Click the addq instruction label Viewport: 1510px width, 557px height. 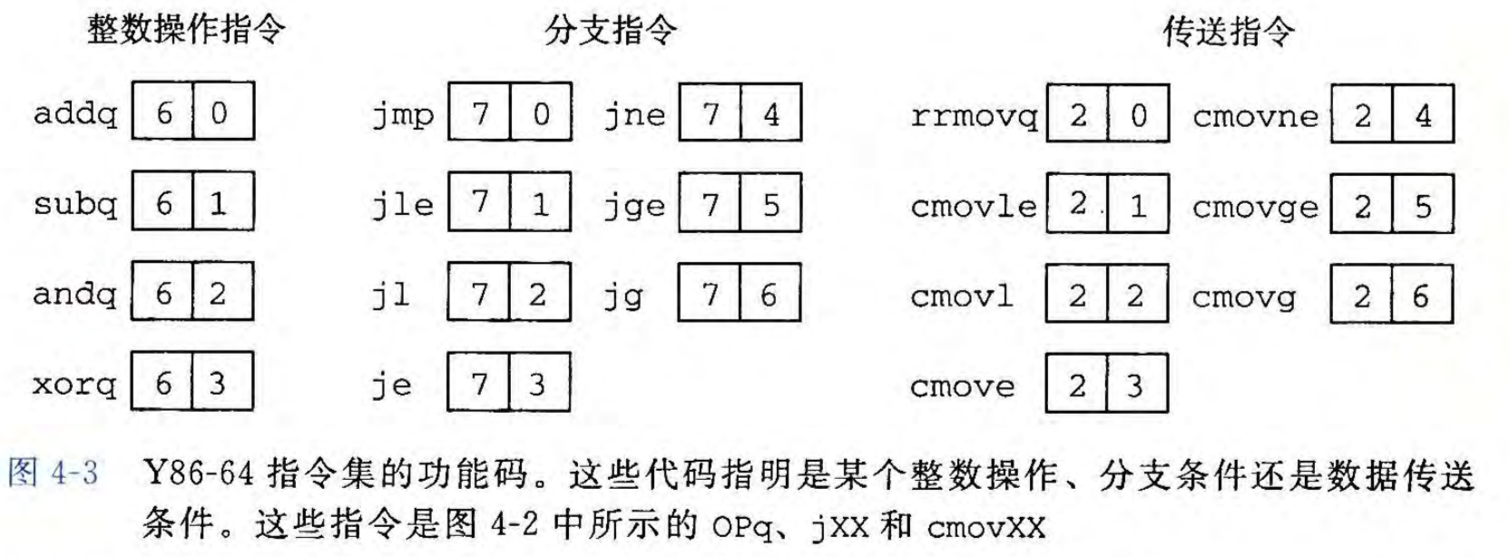click(x=75, y=113)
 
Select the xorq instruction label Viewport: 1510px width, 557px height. click(x=75, y=385)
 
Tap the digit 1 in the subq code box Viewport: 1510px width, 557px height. click(x=219, y=203)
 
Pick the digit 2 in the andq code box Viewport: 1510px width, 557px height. click(x=218, y=293)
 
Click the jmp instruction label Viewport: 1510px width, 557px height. click(x=403, y=115)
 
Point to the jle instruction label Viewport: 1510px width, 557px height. click(x=403, y=205)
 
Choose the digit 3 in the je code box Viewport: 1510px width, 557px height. click(x=537, y=385)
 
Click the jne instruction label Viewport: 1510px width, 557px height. click(x=634, y=115)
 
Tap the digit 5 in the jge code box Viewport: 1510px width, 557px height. click(x=770, y=205)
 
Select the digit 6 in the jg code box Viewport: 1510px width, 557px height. click(x=769, y=295)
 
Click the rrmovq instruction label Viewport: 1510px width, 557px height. click(x=974, y=116)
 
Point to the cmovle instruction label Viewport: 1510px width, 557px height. click(x=974, y=206)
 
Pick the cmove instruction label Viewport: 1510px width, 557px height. click(x=962, y=386)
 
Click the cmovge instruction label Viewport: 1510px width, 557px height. click(x=1255, y=207)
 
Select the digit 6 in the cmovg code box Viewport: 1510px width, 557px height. click(x=1420, y=296)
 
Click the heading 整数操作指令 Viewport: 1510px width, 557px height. click(x=186, y=30)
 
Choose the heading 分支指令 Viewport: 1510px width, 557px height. click(x=611, y=31)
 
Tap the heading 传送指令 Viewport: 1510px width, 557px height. click(x=1229, y=32)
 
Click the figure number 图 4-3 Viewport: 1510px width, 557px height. click(x=53, y=474)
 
